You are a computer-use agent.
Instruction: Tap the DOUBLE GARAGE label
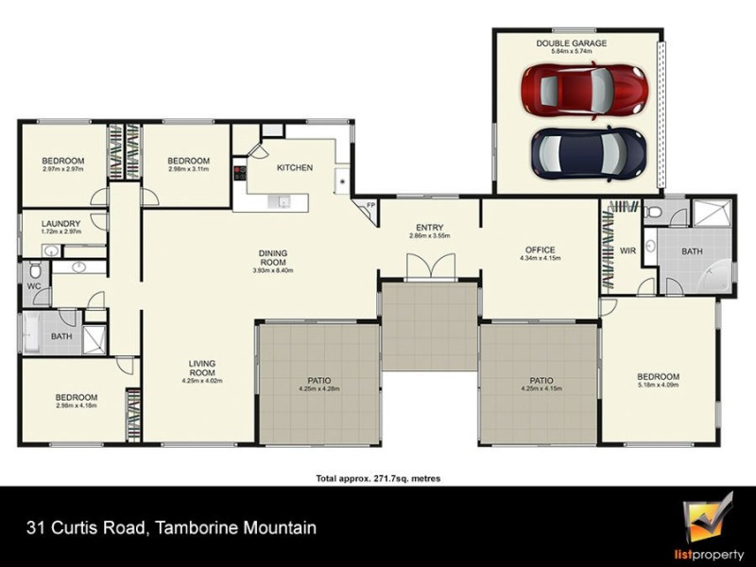(x=572, y=43)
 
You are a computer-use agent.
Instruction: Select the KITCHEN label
(x=294, y=168)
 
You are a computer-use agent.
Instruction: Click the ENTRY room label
(x=429, y=227)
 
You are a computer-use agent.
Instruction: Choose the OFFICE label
(x=540, y=249)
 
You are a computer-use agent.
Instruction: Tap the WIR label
(x=627, y=250)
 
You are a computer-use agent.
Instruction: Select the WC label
(x=33, y=284)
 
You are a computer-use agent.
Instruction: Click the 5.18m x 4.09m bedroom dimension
(x=659, y=386)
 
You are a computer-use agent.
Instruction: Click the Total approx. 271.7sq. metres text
(x=378, y=479)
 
